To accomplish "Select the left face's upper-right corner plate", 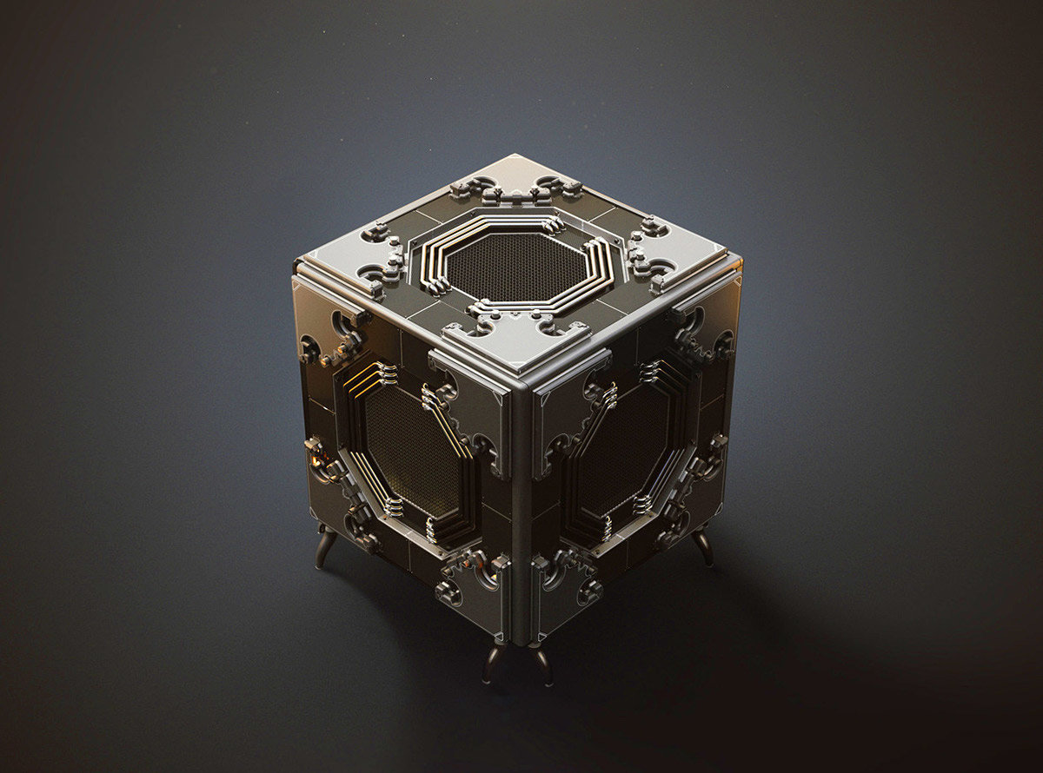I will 474,408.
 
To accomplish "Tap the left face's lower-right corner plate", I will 474,586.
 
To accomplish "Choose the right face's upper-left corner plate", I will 565,408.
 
